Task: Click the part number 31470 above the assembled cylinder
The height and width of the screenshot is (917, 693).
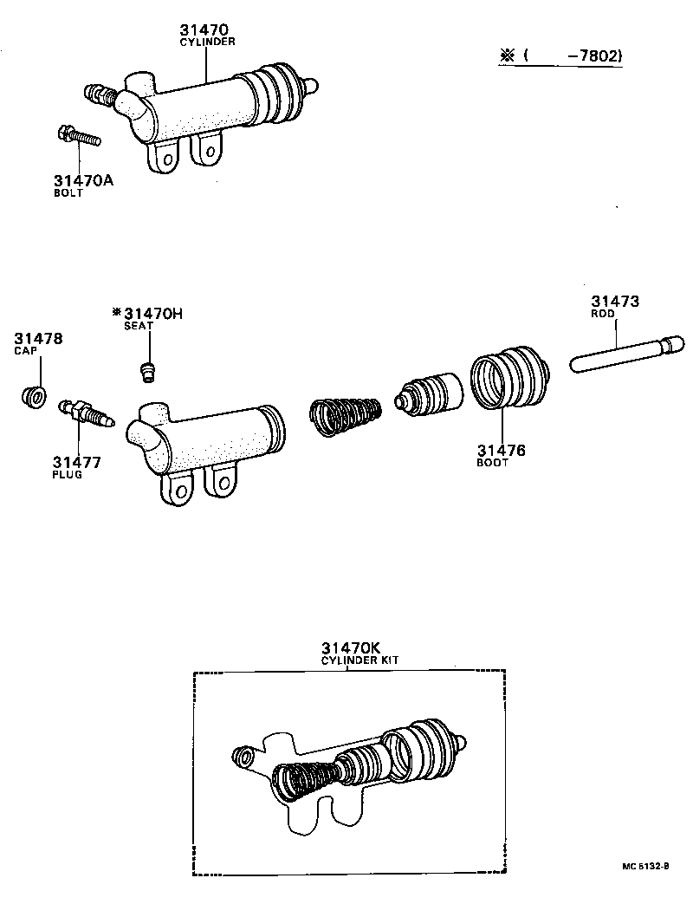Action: (207, 29)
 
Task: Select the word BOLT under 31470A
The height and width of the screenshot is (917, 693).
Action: (68, 193)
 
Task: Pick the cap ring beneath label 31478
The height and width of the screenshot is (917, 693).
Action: (35, 397)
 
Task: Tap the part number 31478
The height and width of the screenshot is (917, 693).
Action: (38, 337)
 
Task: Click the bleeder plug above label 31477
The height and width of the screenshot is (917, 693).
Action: (84, 412)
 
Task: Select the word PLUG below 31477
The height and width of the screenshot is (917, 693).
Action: (67, 475)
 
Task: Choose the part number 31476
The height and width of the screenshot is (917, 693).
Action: (502, 451)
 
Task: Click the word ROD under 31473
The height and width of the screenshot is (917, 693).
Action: (604, 315)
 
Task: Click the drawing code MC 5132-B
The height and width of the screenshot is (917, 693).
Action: (645, 866)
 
